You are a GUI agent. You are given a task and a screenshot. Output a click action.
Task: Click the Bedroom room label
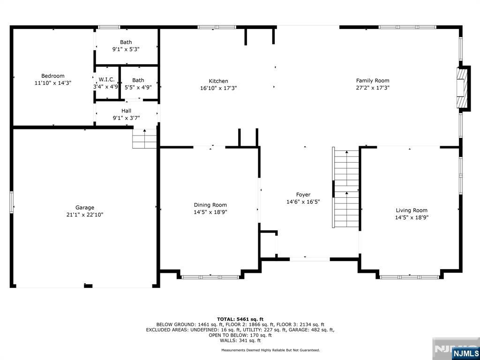(52, 76)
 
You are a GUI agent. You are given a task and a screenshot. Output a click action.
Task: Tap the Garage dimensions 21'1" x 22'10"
(84, 215)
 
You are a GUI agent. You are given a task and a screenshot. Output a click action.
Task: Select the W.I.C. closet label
(106, 80)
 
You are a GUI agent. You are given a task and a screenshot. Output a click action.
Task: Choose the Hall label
(126, 111)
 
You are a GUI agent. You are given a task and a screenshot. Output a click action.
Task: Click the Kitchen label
(218, 81)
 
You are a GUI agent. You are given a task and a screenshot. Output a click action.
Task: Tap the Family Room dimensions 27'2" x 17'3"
(373, 88)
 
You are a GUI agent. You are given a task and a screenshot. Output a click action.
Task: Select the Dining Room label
(210, 205)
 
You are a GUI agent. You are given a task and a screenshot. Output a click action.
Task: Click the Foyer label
(303, 195)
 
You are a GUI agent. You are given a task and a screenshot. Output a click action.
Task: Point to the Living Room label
(411, 210)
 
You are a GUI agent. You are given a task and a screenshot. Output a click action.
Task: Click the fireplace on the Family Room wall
(463, 88)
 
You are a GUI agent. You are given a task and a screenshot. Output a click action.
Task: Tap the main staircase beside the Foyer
(346, 187)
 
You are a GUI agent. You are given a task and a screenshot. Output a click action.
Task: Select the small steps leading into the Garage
(144, 139)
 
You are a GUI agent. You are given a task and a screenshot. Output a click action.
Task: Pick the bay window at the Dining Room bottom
(210, 277)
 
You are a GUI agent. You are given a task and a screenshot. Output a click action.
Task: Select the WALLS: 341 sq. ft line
(240, 340)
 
